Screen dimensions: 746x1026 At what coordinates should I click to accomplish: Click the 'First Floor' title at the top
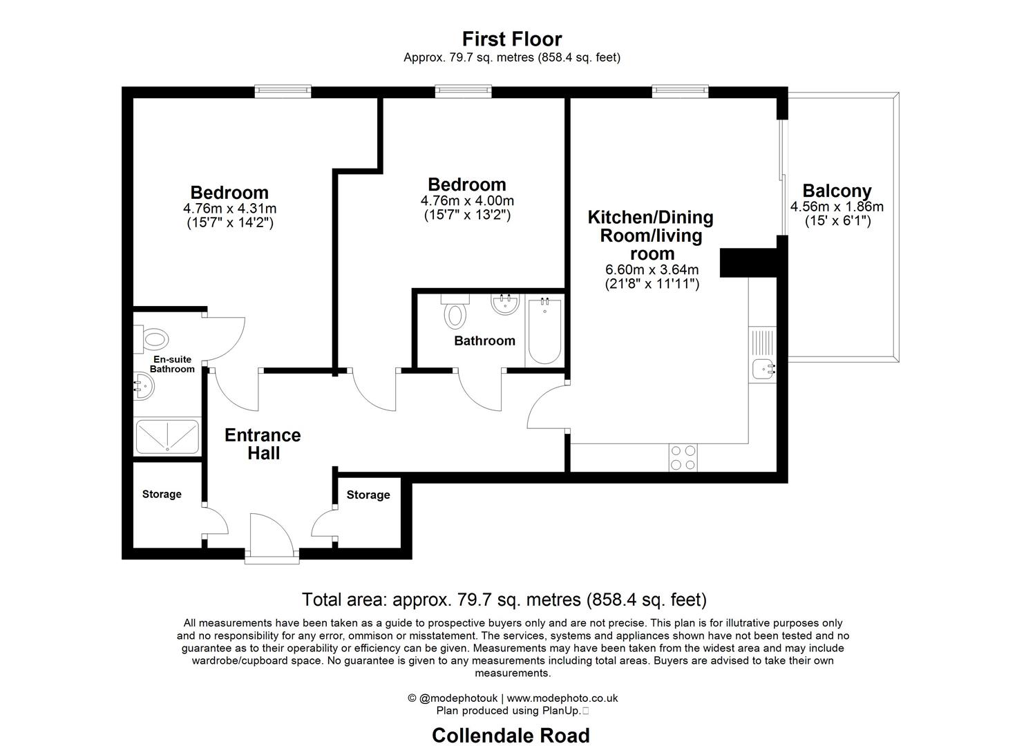point(512,39)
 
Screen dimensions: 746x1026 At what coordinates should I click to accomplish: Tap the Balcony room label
point(837,191)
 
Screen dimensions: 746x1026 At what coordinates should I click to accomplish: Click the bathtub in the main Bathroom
point(544,331)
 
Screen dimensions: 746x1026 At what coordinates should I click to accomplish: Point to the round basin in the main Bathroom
point(506,305)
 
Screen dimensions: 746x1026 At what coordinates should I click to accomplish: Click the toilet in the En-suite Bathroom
point(152,338)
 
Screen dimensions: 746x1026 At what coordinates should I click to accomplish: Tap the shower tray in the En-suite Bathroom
point(167,437)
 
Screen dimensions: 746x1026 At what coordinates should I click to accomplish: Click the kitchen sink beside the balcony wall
point(763,369)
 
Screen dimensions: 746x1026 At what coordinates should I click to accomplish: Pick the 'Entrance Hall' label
point(263,444)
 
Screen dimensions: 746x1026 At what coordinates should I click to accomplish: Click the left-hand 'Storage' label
point(162,494)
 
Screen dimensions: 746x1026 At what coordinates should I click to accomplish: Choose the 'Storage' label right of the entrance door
point(368,495)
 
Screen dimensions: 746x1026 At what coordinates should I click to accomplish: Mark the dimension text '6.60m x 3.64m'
point(652,270)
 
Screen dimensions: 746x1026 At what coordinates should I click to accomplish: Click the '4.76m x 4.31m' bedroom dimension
point(229,209)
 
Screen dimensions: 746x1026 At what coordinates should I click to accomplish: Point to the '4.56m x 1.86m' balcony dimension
point(837,207)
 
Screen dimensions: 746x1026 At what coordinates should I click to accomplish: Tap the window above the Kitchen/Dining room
point(681,90)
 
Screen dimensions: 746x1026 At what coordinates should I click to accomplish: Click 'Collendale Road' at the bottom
point(511,736)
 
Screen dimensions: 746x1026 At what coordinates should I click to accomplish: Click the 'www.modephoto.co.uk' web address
point(562,698)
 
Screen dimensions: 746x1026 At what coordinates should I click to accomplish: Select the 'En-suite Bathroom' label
point(172,364)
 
